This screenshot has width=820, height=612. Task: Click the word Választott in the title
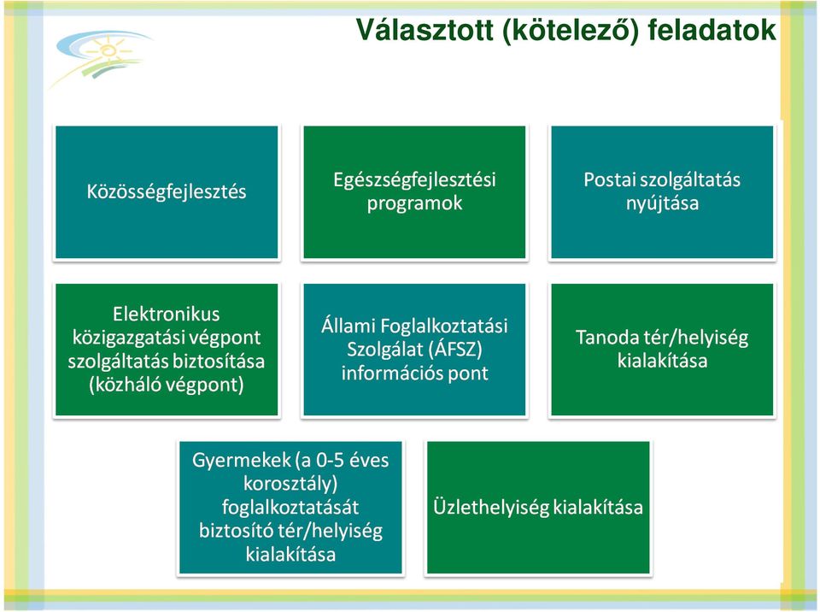(425, 30)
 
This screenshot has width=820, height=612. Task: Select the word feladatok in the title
(712, 30)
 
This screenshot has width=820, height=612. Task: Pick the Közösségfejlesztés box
(167, 192)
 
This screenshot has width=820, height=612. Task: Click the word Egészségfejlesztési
(415, 180)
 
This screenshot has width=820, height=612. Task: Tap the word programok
(415, 203)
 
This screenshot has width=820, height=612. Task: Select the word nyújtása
(662, 203)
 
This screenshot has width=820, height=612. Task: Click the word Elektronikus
(167, 314)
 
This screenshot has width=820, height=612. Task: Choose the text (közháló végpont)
(167, 385)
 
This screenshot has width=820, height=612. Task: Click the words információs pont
(415, 374)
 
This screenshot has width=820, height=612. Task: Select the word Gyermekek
(242, 461)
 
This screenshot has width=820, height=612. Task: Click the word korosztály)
(290, 484)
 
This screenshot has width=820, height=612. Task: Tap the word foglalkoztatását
(290, 508)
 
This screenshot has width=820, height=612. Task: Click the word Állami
(348, 326)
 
